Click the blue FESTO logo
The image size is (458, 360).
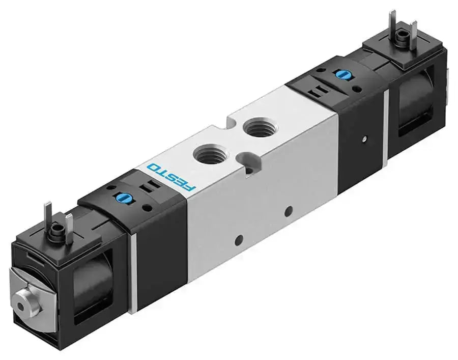coord(170,178)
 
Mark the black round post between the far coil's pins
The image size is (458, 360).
coord(404,37)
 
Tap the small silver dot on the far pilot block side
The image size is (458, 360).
coord(365,138)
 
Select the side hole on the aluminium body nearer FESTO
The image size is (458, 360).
coord(239,238)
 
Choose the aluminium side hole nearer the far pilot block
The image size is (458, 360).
coord(290,210)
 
